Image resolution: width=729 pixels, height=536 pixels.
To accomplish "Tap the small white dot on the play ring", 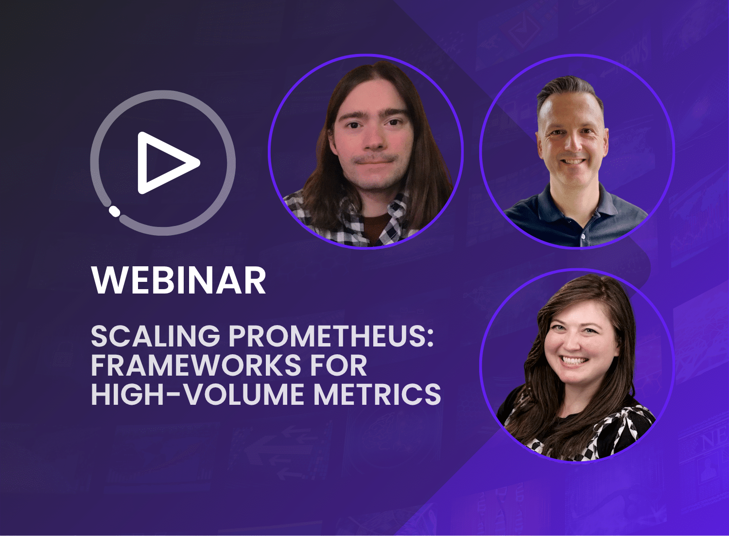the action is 114,210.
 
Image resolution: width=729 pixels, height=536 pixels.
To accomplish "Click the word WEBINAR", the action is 179,280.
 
